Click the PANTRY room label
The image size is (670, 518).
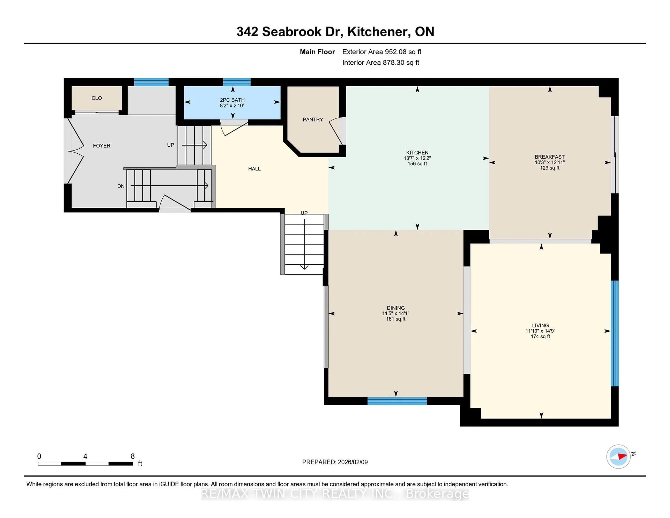tap(313, 119)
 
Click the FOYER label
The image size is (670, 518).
tap(102, 146)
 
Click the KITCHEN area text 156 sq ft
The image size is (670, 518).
tap(417, 164)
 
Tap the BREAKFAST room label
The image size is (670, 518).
tap(549, 157)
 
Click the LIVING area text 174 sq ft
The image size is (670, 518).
tap(540, 336)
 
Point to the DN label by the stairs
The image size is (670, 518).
tap(121, 186)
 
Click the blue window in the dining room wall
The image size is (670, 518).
tap(397, 401)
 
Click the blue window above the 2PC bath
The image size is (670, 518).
tap(237, 82)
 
